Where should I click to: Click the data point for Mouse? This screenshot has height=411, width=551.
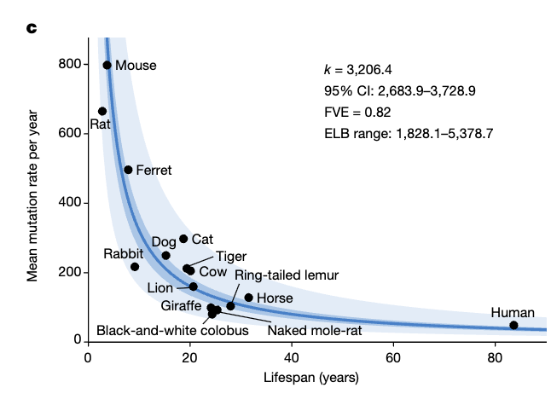click(107, 65)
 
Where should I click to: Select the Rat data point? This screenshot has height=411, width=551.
click(102, 111)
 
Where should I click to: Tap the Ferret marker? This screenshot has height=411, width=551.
click(128, 170)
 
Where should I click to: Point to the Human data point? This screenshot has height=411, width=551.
click(513, 325)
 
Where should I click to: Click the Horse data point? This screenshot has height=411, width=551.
click(248, 298)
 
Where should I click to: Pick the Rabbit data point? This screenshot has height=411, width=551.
click(135, 267)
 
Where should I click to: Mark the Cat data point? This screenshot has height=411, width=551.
click(183, 239)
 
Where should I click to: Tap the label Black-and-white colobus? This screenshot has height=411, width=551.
click(172, 330)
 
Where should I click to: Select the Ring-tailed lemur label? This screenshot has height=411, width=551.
click(287, 275)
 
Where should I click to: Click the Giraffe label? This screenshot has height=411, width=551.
click(181, 304)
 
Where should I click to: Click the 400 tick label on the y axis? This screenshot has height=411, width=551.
click(70, 203)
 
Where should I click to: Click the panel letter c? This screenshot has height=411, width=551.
click(32, 28)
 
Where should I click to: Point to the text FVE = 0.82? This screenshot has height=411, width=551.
click(357, 112)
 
